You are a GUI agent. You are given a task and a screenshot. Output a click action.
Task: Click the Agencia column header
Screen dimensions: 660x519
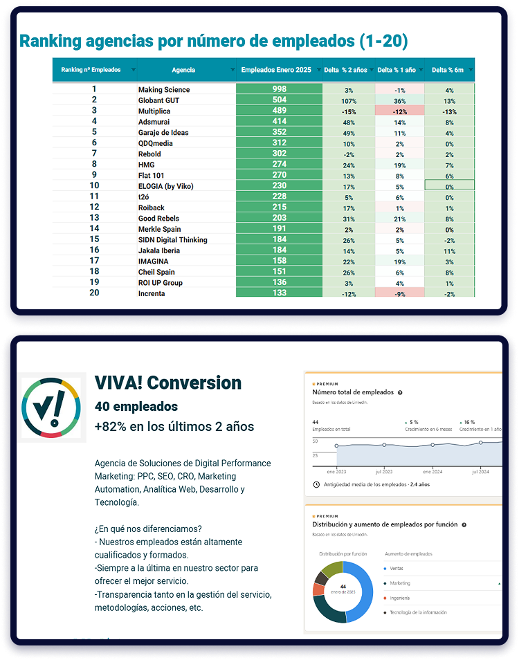pos(183,70)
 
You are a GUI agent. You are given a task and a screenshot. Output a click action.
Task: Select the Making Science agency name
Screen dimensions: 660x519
pos(164,89)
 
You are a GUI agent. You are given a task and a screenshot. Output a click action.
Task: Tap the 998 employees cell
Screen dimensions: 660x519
pos(279,89)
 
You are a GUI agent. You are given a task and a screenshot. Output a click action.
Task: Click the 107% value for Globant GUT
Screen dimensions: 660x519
pos(349,100)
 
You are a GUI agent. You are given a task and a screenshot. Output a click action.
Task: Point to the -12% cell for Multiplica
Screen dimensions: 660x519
pos(399,111)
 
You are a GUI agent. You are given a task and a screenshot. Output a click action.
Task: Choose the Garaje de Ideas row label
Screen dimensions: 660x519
pos(163,132)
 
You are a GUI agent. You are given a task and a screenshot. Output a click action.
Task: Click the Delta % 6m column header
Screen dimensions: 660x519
pos(448,70)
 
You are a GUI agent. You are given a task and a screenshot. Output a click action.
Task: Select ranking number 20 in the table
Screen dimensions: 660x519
pos(94,293)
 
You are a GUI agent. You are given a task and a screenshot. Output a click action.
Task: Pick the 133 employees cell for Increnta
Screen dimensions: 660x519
pos(279,293)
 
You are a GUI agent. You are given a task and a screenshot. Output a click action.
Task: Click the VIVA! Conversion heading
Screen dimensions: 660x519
pos(168,383)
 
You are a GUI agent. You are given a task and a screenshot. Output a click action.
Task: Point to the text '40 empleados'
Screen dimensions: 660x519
pos(136,407)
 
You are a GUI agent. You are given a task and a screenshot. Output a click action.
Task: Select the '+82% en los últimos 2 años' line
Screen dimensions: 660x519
pos(174,426)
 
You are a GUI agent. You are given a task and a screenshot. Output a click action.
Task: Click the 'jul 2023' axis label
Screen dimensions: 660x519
pos(384,472)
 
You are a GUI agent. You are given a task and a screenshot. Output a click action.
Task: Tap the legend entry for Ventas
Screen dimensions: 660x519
pos(397,568)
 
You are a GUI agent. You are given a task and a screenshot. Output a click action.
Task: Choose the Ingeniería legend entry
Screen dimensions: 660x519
pos(400,598)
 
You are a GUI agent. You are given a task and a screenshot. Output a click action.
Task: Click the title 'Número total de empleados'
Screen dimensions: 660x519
pos(353,392)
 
